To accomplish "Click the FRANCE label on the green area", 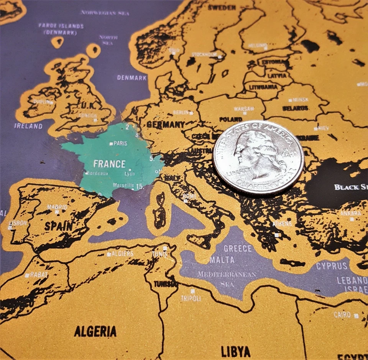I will point(109,164).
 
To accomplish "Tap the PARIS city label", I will point(120,144).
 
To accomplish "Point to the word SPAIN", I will point(58,226).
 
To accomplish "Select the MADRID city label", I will point(57,207).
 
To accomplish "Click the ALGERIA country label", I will point(95,331).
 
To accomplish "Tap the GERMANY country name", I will point(166,125).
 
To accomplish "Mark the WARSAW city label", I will point(244,109).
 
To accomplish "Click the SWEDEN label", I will point(222,7).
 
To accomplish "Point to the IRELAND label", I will point(28,126).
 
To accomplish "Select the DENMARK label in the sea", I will point(132,78).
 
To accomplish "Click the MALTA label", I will point(222,260).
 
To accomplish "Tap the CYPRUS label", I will point(332,266).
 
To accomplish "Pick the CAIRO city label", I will point(342,315).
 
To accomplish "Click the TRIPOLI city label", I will point(191,298).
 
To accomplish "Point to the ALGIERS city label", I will point(123,254).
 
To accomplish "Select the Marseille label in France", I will point(123,185).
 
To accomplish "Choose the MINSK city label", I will point(301,100).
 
